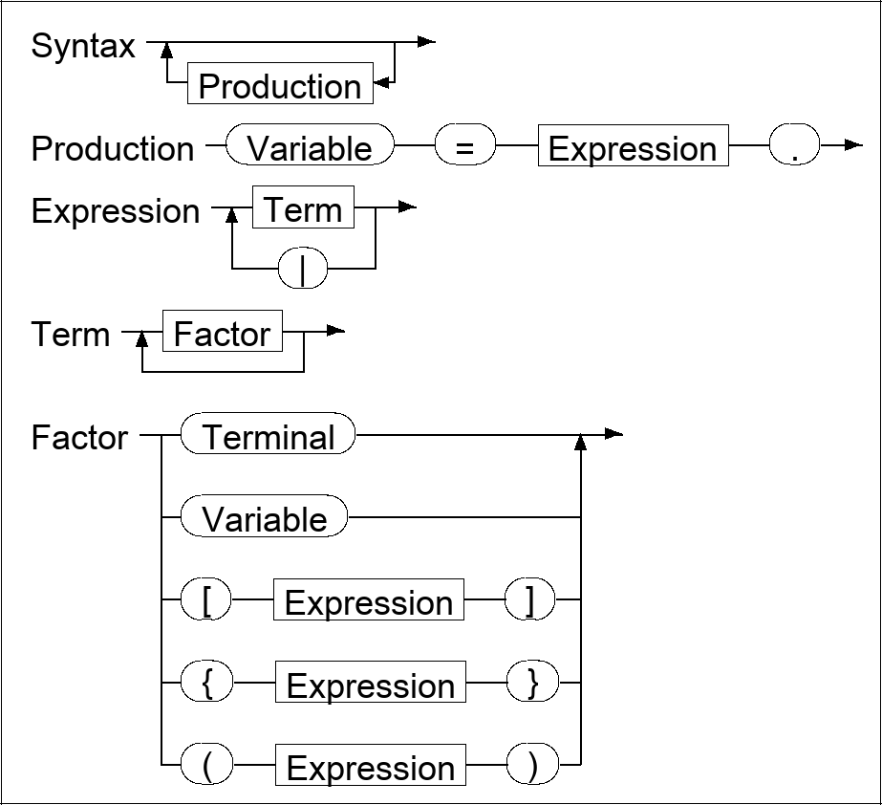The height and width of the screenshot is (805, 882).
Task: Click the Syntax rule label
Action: [x=83, y=47]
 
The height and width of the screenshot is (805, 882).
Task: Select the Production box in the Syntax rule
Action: [x=280, y=86]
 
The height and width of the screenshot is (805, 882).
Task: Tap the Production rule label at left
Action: [x=112, y=149]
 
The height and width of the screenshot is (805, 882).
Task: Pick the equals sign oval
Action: [x=464, y=148]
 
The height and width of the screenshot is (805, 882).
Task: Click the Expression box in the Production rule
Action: [x=633, y=148]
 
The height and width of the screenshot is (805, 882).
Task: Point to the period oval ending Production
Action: [x=794, y=148]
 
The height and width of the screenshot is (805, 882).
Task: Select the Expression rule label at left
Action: [x=116, y=211]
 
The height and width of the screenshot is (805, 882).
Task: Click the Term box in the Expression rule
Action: [x=303, y=209]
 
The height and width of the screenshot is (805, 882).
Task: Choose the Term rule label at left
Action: [x=70, y=335]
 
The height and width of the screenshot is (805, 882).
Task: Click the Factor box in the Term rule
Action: [x=223, y=334]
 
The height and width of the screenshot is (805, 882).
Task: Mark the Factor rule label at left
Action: [x=79, y=438]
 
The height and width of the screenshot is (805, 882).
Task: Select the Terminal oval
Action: [x=268, y=437]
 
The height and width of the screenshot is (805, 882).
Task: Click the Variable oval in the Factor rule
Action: [x=265, y=519]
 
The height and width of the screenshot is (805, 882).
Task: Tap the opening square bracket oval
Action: [x=207, y=602]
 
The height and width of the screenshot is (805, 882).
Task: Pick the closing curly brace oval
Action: [x=531, y=685]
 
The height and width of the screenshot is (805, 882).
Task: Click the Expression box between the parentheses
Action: [x=371, y=768]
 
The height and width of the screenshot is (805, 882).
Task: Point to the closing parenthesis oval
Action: [x=531, y=768]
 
